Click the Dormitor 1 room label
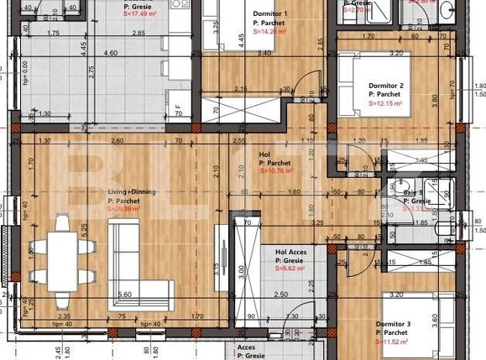[270, 14]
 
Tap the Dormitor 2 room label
[387, 86]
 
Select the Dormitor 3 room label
[393, 324]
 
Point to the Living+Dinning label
[132, 192]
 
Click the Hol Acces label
[291, 251]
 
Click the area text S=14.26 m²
[269, 32]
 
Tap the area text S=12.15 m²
[387, 104]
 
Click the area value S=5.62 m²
[290, 270]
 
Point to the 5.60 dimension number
[124, 295]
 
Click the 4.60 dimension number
[110, 53]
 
